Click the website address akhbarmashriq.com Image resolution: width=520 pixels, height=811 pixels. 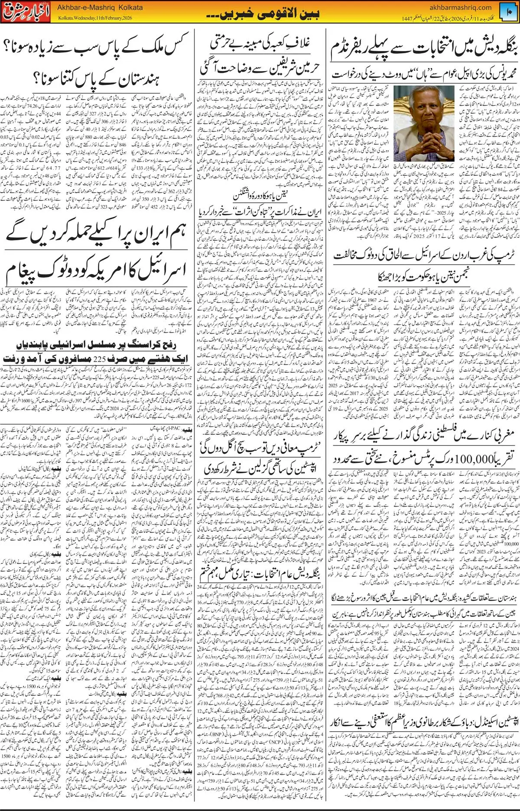tap(460, 7)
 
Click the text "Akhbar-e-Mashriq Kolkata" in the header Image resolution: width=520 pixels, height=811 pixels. tap(100, 8)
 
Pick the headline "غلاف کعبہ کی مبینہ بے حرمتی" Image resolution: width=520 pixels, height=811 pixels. tap(260, 43)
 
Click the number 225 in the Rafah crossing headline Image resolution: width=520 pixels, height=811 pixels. tap(99, 359)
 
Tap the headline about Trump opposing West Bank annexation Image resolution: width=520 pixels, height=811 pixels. tap(426, 255)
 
